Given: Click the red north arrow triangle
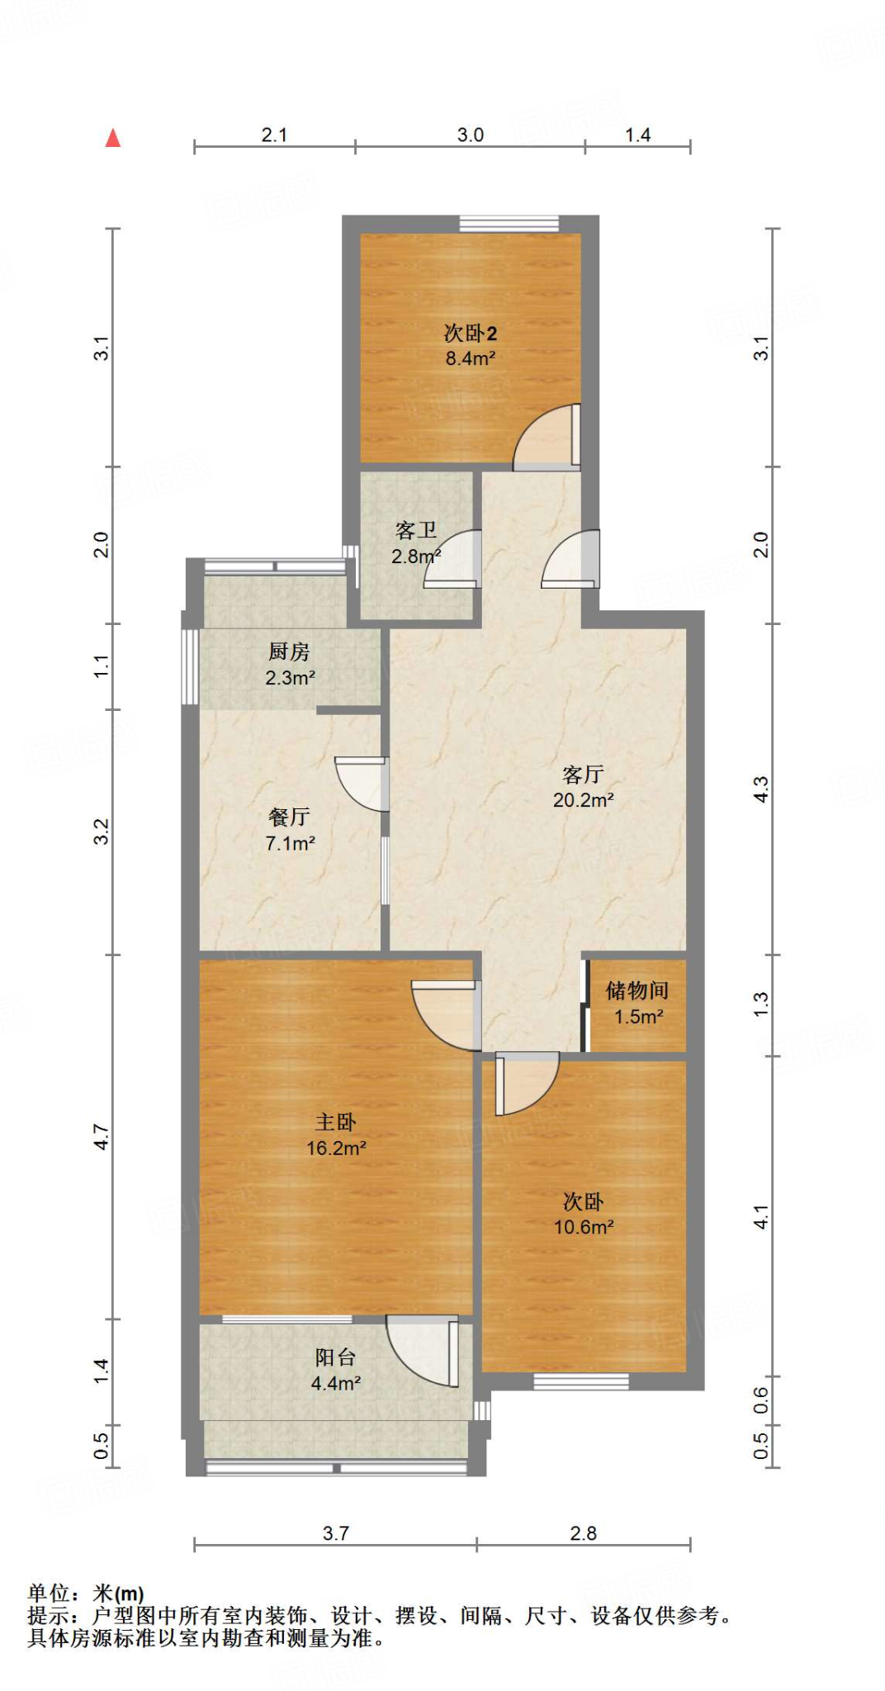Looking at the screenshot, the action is pos(113,138).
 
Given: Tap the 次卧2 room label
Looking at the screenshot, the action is pos(470,333).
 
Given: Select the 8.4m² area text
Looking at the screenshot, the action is pos(470,358).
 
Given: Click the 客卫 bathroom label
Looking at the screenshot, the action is pos(415,530).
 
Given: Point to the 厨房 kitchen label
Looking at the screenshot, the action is pos(289,651).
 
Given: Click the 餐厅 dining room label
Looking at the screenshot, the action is pos(289,817).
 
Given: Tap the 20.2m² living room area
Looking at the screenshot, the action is pos(583,800).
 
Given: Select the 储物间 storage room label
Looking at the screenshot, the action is pos(637,990).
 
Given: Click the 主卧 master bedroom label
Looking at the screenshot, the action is pos(335,1122).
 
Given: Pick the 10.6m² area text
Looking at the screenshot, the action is pos(583,1227).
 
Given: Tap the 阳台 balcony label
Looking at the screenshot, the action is pos(335,1357).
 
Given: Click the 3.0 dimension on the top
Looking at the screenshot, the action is pos(470,135).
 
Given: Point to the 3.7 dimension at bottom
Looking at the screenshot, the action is pos(335,1533).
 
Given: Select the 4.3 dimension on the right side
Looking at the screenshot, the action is pos(760,789).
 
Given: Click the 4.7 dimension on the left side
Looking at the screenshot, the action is pos(101,1136).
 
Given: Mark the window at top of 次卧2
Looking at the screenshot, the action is pos(509,223).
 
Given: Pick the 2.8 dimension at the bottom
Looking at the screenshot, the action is pos(583,1533).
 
